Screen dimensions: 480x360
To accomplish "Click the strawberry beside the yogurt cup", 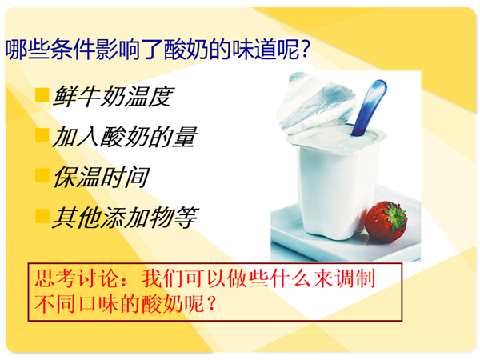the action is pos(386,222).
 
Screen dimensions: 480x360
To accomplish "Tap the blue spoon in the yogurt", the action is pos(369,107).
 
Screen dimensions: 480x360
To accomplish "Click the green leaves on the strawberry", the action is pos(395,215).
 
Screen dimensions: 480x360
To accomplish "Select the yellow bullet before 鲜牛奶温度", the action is pos(42,94).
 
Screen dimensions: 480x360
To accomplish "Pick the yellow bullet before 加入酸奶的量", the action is pos(42,135).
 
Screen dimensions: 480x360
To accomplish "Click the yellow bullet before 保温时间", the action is pos(42,175).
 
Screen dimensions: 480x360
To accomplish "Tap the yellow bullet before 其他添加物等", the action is pos(42,216).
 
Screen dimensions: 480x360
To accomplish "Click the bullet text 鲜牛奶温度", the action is pos(114,96).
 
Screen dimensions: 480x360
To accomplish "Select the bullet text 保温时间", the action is pos(101,177).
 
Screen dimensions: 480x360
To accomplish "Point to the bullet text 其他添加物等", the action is pos(126,218).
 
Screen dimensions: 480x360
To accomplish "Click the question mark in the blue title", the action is pos(305,49).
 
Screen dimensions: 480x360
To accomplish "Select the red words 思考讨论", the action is pos(76,278).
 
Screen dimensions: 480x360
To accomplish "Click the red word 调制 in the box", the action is pos(355,278).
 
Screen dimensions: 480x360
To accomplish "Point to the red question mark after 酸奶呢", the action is pos(211,304).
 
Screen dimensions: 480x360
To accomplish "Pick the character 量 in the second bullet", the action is pos(185,137).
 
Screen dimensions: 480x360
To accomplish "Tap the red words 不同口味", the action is pos(76,304).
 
